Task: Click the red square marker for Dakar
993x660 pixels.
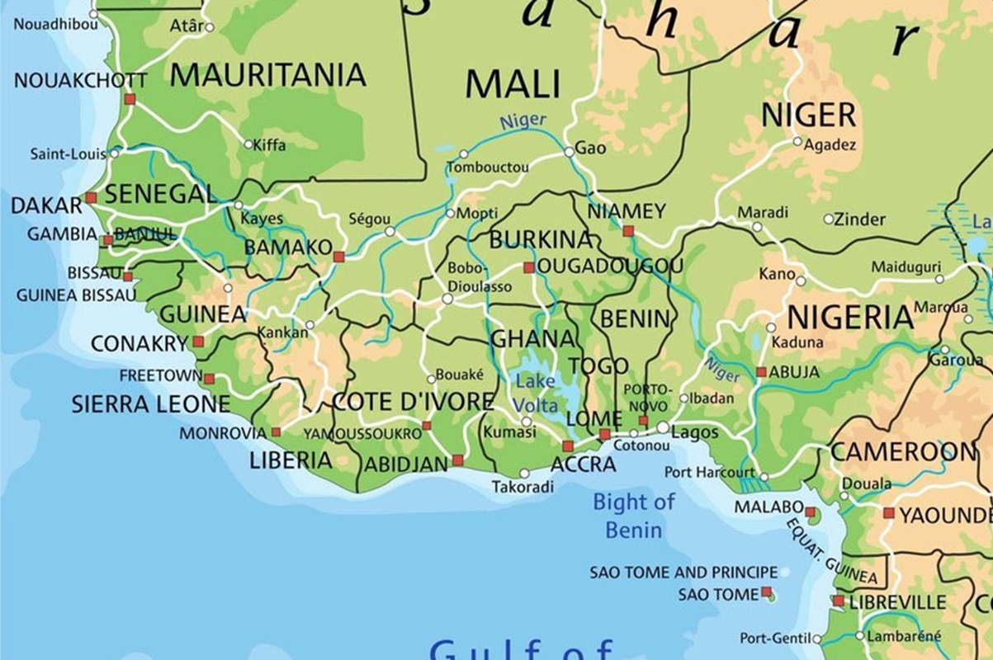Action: pyautogui.click(x=91, y=198)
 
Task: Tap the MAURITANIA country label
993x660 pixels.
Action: pyautogui.click(x=267, y=76)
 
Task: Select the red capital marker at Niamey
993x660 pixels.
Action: pyautogui.click(x=628, y=231)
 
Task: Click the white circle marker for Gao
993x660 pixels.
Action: pyautogui.click(x=569, y=152)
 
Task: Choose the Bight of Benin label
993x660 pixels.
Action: pyautogui.click(x=634, y=516)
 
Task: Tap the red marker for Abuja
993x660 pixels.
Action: pyautogui.click(x=761, y=372)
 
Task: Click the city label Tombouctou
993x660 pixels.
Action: pyautogui.click(x=488, y=168)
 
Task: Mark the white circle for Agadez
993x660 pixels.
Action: pyautogui.click(x=797, y=141)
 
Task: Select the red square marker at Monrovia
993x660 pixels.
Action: pyautogui.click(x=276, y=431)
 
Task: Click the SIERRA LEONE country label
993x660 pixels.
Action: pyautogui.click(x=150, y=404)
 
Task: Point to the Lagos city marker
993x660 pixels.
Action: pyautogui.click(x=664, y=427)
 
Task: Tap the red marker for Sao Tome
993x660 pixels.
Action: pyautogui.click(x=767, y=592)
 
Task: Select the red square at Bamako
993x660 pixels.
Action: pyautogui.click(x=338, y=257)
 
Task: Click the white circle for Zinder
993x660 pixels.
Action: pyautogui.click(x=829, y=219)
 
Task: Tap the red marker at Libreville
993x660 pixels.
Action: pyautogui.click(x=839, y=601)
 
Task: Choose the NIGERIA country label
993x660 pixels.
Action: pyautogui.click(x=850, y=317)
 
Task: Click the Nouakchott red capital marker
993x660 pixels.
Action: pyautogui.click(x=130, y=99)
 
